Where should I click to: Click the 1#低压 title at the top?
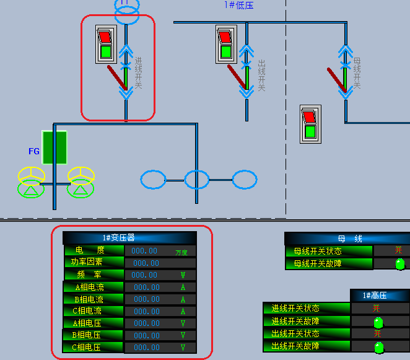pyautogui.click(x=238, y=5)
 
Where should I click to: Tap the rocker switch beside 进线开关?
pyautogui.click(x=106, y=44)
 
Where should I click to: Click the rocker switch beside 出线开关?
pyautogui.click(x=227, y=44)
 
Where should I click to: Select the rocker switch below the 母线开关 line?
pyautogui.click(x=310, y=124)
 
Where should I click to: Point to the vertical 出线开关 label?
pyautogui.click(x=261, y=75)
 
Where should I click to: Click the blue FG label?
pyautogui.click(x=34, y=151)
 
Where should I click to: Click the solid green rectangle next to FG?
pyautogui.click(x=55, y=147)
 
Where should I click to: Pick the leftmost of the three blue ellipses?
pyautogui.click(x=153, y=180)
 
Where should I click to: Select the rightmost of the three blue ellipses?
pyautogui.click(x=245, y=180)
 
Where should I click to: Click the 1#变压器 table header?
pyautogui.click(x=119, y=238)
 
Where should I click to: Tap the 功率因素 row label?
pyautogui.click(x=87, y=262)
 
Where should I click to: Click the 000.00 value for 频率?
pyautogui.click(x=144, y=274)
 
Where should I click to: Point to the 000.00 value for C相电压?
pyautogui.click(x=147, y=347)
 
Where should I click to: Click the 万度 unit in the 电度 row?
pyautogui.click(x=181, y=252)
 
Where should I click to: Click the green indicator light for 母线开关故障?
pyautogui.click(x=400, y=264)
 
